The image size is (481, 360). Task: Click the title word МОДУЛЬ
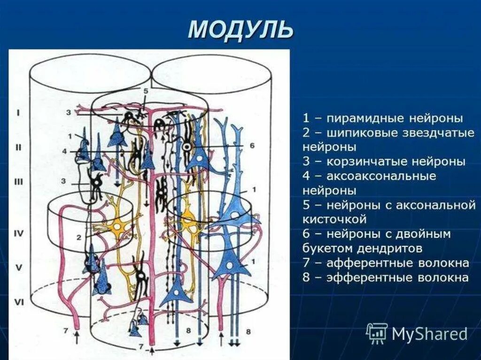240,30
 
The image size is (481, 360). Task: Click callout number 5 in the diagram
146,91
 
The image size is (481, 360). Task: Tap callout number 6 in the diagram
252,146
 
